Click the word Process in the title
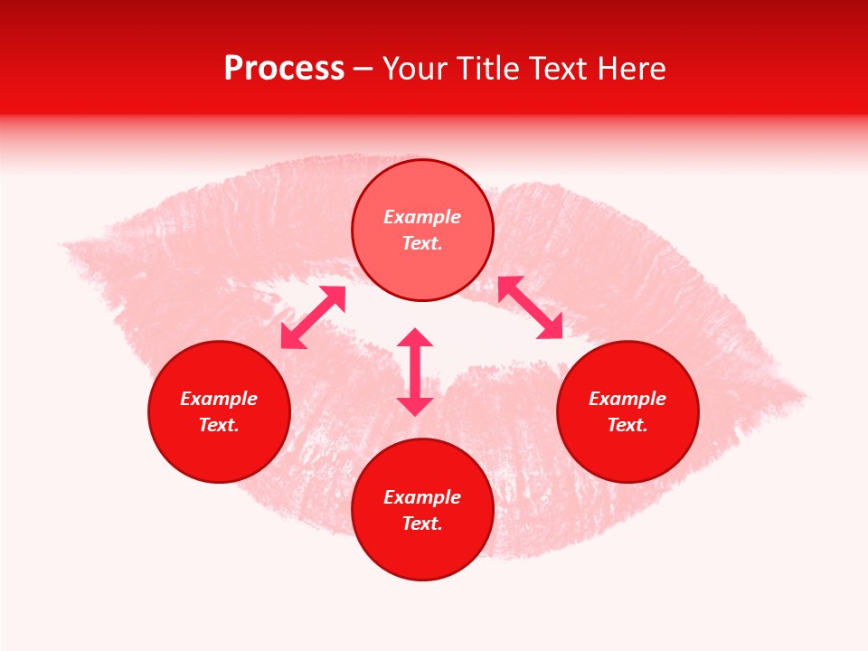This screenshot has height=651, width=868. [284, 69]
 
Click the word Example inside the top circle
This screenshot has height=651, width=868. [422, 217]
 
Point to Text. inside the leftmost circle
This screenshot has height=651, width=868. [219, 425]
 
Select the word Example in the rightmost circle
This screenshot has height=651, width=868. [627, 399]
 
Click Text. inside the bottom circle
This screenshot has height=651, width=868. [422, 524]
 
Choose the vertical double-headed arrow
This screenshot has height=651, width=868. [415, 372]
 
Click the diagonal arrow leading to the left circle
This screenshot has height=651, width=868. [313, 317]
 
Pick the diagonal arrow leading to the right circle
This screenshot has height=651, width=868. [531, 308]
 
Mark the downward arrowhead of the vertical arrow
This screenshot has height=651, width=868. [415, 406]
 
